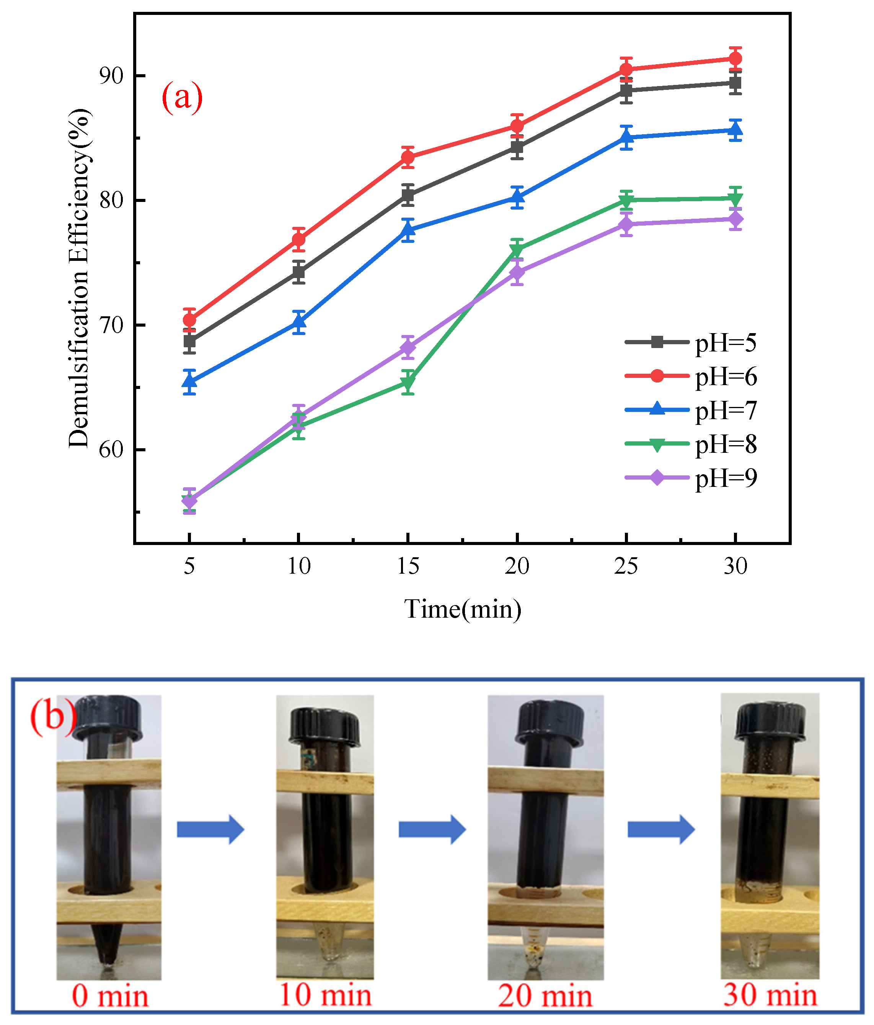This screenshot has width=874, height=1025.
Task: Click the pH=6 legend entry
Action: (x=691, y=376)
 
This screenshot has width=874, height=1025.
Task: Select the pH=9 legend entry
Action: (x=691, y=478)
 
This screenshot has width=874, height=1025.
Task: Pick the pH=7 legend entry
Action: (x=691, y=410)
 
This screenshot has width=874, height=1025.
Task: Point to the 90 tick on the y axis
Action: (x=111, y=76)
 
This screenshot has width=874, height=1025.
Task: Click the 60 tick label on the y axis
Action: (x=111, y=450)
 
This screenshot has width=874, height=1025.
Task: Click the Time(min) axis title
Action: (x=462, y=609)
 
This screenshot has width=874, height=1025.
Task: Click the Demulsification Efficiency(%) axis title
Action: (x=79, y=278)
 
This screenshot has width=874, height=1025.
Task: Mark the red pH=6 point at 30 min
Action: (x=735, y=59)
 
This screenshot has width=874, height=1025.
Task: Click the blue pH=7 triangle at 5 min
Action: (x=189, y=381)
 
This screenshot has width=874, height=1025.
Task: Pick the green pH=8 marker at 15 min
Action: (x=408, y=382)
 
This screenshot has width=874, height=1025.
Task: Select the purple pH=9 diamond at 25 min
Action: (x=626, y=225)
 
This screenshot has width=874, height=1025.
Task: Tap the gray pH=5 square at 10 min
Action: (x=298, y=272)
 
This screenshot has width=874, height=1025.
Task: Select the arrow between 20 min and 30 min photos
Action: (x=661, y=830)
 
